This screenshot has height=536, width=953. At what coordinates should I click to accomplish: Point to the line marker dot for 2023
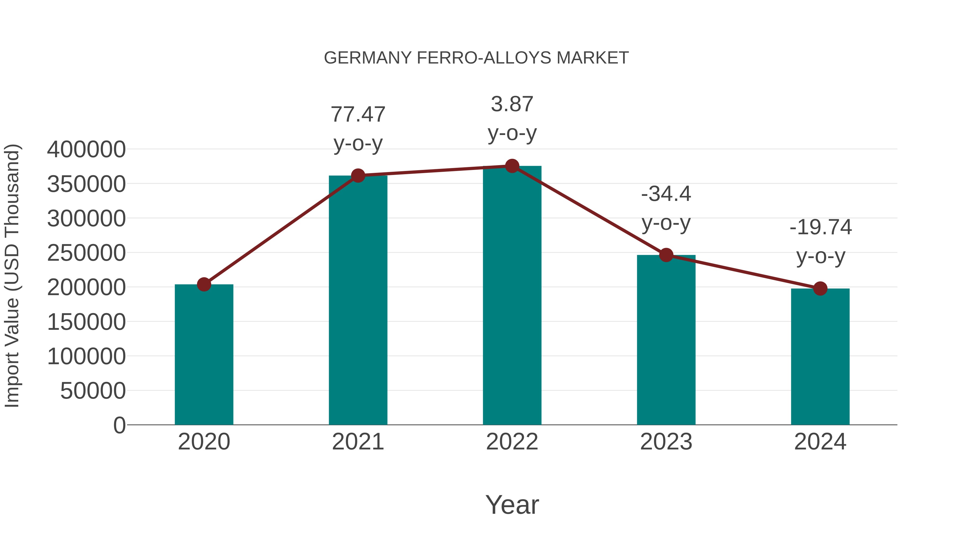click(666, 255)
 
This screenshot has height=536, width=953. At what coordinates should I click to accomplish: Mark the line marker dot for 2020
click(204, 285)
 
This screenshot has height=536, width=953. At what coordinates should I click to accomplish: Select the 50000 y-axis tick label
click(93, 391)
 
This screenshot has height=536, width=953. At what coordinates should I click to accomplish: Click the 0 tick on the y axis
click(119, 425)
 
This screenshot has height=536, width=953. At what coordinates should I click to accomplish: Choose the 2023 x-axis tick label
click(666, 442)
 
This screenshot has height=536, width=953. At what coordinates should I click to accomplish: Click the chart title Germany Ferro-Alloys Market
click(476, 58)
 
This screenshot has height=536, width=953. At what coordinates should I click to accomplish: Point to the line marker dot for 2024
click(820, 289)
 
